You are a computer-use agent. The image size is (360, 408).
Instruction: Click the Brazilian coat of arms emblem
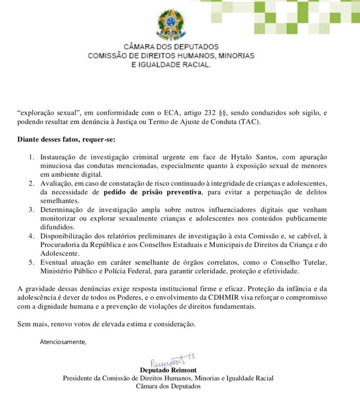point(171,23)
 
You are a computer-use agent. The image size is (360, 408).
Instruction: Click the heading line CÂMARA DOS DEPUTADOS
point(171,47)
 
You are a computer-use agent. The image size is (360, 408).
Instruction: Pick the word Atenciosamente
point(63,341)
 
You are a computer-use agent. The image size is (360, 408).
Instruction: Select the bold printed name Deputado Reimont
point(168,371)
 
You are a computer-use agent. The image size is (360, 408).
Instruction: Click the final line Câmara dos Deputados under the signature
point(168,386)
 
